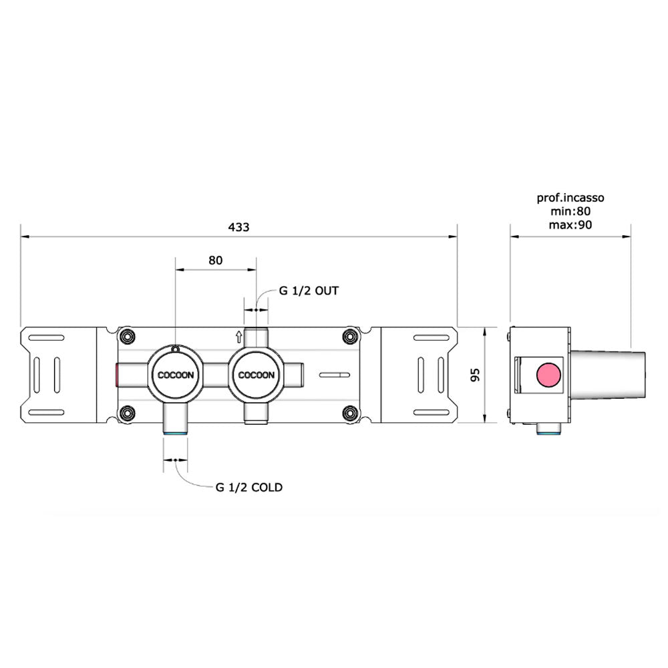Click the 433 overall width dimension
click(x=238, y=227)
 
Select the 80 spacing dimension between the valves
click(x=216, y=261)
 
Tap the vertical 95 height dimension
click(x=475, y=375)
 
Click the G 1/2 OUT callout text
click(x=309, y=291)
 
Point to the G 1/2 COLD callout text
click(x=249, y=488)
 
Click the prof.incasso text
click(x=570, y=198)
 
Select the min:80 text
click(x=570, y=211)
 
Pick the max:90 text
click(x=570, y=225)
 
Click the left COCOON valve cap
click(x=176, y=375)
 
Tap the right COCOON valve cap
click(x=256, y=375)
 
